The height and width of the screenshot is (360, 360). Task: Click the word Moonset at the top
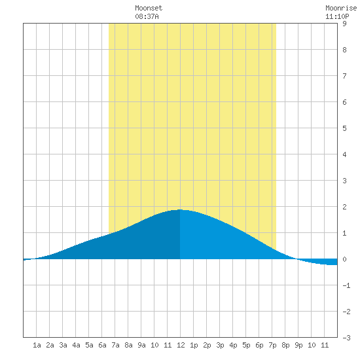click(149, 8)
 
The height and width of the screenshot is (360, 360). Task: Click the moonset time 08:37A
click(147, 16)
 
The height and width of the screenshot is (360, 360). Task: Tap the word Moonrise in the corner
click(341, 8)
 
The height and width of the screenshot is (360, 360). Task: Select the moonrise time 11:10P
click(337, 16)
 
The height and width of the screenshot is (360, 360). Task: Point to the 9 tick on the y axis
click(344, 24)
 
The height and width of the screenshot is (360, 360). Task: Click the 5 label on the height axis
click(344, 128)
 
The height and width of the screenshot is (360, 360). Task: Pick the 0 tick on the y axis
click(344, 259)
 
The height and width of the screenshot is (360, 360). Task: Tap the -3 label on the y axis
click(346, 338)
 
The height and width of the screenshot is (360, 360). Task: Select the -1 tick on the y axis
click(346, 285)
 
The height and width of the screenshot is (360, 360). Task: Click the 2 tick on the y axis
click(344, 207)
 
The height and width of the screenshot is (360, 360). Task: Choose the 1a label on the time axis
click(37, 345)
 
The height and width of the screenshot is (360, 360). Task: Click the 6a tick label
click(102, 345)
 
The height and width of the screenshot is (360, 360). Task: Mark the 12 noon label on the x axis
click(181, 345)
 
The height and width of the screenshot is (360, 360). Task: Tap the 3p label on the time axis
click(220, 345)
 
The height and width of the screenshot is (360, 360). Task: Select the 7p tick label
click(272, 345)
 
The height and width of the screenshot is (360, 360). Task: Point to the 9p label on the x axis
click(298, 345)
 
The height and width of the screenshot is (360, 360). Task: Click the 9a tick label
click(141, 345)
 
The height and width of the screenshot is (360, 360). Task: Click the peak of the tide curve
click(181, 209)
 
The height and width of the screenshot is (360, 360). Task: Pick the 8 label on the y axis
click(344, 50)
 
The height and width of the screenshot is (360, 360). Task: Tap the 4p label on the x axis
click(233, 345)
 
